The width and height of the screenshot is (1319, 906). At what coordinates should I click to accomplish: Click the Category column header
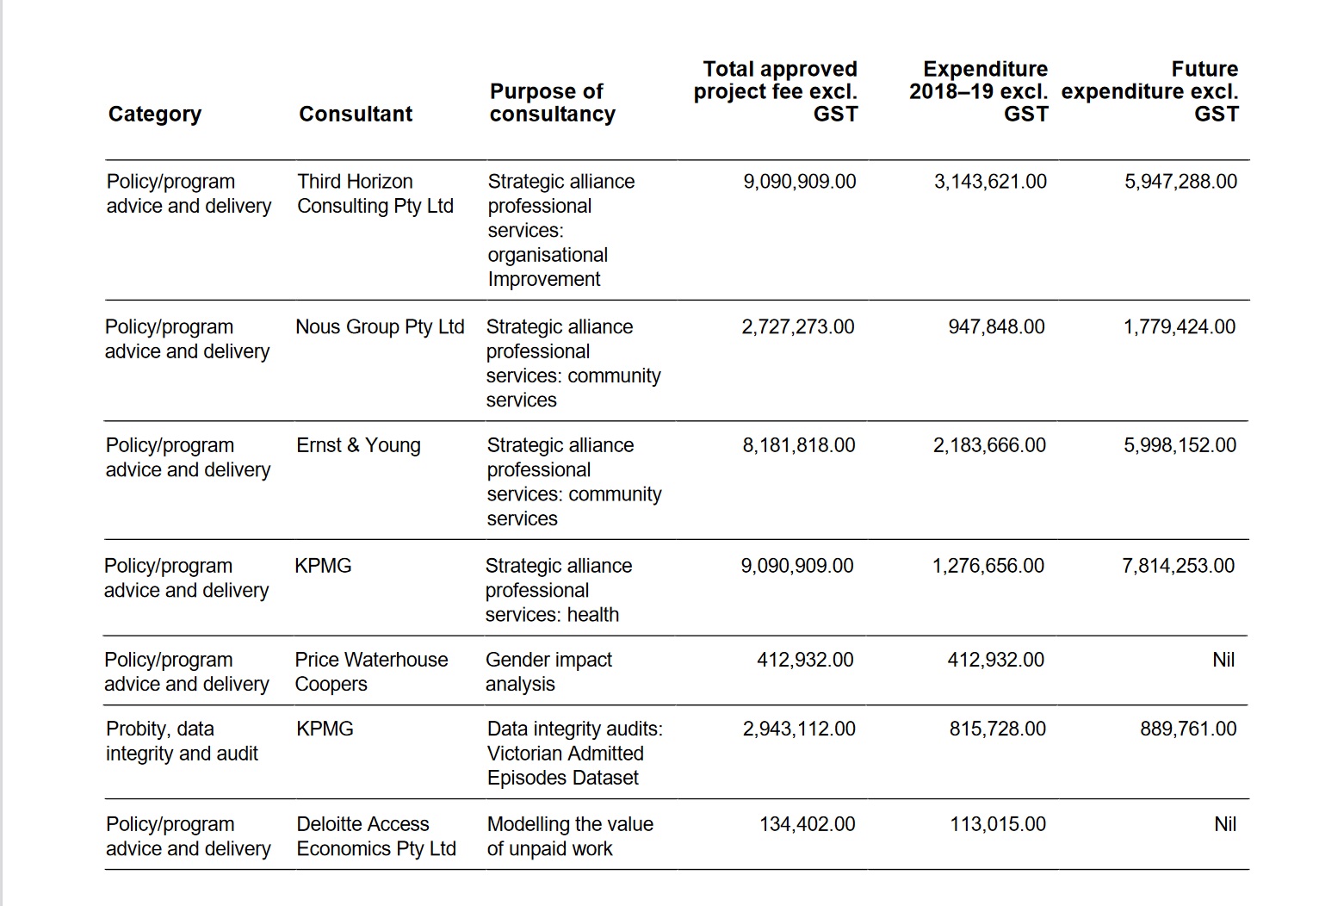coord(155,114)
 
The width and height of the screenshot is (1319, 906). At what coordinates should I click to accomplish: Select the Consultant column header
coord(356,114)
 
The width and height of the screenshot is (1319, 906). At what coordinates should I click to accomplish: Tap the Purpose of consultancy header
coord(553,102)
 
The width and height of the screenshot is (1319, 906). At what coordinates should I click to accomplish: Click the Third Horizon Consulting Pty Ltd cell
coord(375,194)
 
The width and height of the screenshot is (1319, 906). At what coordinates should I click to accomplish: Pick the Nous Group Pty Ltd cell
coord(380,327)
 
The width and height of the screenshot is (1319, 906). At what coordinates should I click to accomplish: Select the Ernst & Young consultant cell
coord(358,445)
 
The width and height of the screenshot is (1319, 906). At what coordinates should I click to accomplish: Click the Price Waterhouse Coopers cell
coord(371,672)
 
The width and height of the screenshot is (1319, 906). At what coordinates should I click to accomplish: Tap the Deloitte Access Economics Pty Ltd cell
coord(376,836)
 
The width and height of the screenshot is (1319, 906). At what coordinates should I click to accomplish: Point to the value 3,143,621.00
coord(990,182)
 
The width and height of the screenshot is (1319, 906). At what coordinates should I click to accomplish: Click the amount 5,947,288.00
coord(1180,182)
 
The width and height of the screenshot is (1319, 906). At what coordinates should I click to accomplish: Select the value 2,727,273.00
coord(798,327)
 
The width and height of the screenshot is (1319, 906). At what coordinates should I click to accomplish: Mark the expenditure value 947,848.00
coord(996,327)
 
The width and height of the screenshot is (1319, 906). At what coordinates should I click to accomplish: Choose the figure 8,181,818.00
coord(799,445)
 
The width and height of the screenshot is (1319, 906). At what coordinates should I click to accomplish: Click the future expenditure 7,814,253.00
coord(1178,566)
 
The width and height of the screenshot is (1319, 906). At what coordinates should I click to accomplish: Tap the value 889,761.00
coord(1188,729)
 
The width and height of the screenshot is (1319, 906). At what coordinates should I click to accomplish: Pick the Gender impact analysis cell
coord(548,672)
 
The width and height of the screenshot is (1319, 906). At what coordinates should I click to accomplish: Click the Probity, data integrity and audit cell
coord(182,741)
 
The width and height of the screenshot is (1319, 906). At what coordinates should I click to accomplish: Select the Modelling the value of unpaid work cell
coord(570,836)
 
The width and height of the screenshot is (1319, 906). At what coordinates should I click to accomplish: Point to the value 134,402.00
coord(807,824)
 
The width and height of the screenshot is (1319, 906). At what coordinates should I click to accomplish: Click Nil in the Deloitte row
coord(1224,824)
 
